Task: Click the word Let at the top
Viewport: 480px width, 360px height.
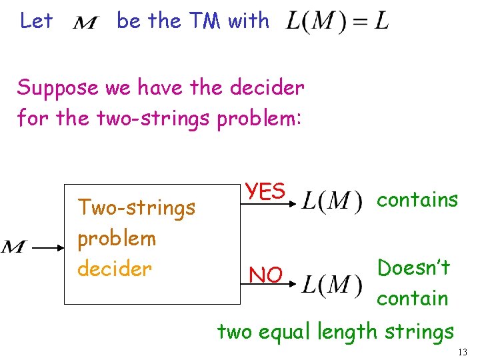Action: pos(36,21)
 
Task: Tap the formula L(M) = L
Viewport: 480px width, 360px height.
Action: pos(337,22)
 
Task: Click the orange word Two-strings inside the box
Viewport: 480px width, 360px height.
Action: pos(137,207)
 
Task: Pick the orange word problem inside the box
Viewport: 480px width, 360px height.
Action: pos(117,238)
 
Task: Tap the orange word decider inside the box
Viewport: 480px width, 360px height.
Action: pos(115,269)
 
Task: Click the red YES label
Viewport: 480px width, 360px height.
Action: pos(265,191)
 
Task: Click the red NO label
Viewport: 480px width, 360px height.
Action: pos(265,274)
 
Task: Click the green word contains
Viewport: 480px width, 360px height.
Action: pos(417,199)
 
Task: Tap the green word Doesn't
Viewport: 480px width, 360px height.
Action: pos(413,267)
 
